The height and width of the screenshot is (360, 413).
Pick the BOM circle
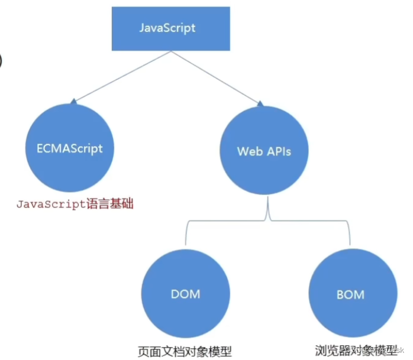(x=350, y=293)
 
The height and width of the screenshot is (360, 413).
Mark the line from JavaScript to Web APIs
(x=215, y=76)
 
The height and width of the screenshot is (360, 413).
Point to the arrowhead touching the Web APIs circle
(x=260, y=105)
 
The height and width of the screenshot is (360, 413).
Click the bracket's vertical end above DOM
(x=186, y=234)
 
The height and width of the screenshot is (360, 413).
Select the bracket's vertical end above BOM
(x=351, y=234)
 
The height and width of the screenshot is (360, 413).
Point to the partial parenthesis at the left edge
(x=2, y=59)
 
